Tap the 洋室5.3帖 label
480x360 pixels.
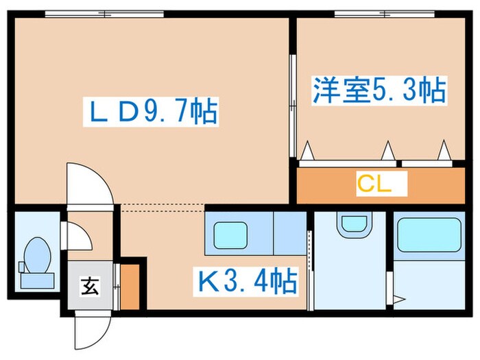[x=379, y=91]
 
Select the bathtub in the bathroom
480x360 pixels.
[x=429, y=235]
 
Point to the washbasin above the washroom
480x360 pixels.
[x=353, y=224]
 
